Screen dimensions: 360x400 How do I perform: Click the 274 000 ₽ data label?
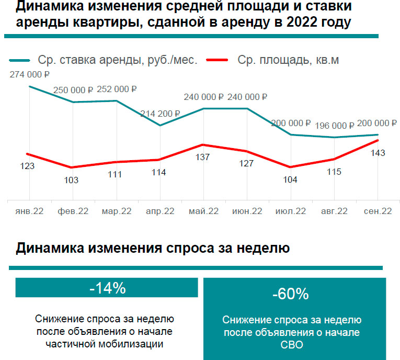click(29, 75)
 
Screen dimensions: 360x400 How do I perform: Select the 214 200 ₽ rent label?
click(160, 113)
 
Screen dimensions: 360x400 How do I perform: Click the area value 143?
click(378, 153)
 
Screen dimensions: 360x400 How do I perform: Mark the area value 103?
click(71, 180)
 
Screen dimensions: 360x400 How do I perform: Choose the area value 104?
click(290, 179)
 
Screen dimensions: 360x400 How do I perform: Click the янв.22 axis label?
click(29, 211)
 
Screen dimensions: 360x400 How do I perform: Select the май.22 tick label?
click(203, 211)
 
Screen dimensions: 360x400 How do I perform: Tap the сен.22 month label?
click(378, 211)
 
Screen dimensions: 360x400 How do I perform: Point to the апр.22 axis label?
click(160, 211)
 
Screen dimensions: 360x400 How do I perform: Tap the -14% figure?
click(107, 288)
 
